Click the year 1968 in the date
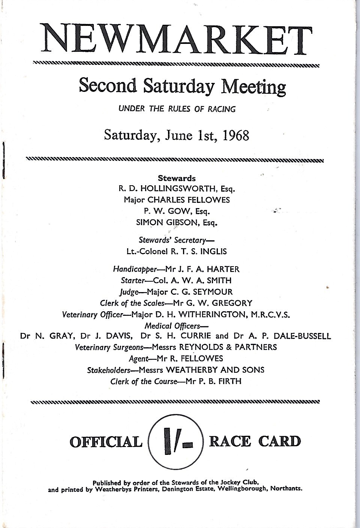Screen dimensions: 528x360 click(236, 135)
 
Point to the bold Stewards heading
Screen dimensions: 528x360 click(177, 178)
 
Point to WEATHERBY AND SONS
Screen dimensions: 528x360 click(215, 370)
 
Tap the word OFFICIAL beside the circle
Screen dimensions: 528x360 click(106, 442)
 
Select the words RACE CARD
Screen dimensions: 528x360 click(255, 441)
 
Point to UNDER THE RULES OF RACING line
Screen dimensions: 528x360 click(177, 109)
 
